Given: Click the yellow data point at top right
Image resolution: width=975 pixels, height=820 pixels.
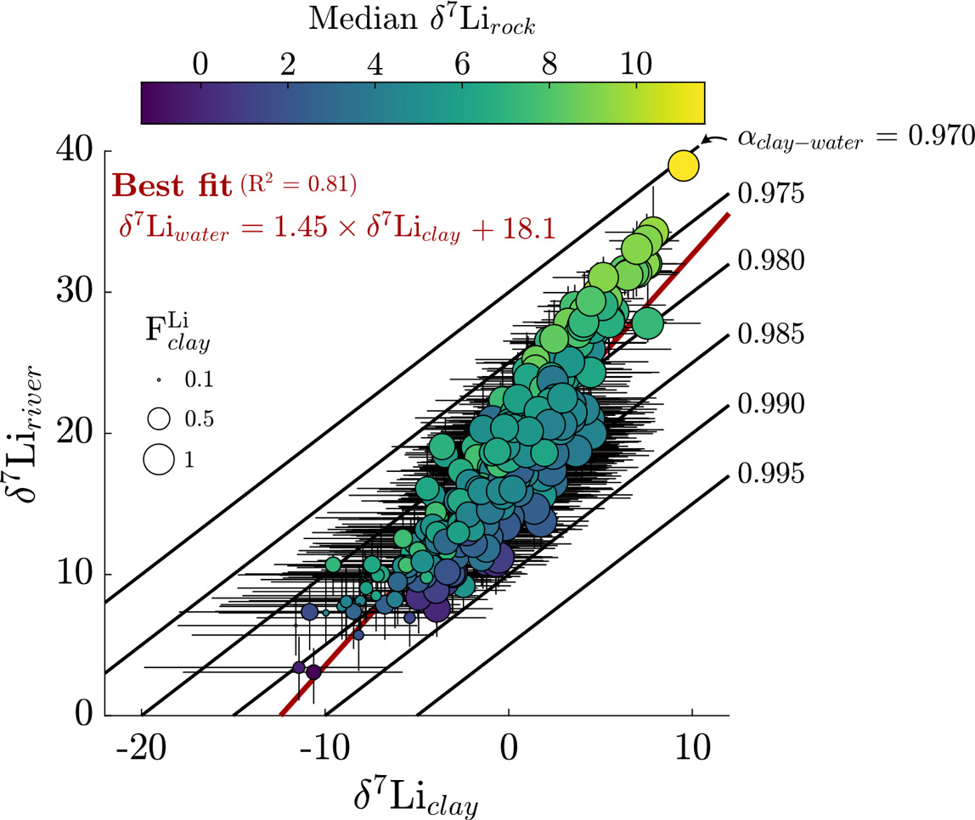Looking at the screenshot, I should [x=683, y=166].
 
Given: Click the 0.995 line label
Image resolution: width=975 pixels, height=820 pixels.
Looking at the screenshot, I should [x=771, y=473].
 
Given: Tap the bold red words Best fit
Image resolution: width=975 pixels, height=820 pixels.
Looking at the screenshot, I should [x=172, y=184].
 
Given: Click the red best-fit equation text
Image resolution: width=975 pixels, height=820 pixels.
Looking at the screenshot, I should [x=336, y=227].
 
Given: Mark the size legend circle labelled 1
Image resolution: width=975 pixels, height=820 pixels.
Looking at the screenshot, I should [x=158, y=458].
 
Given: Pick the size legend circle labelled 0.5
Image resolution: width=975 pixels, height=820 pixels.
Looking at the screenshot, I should [x=158, y=418].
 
